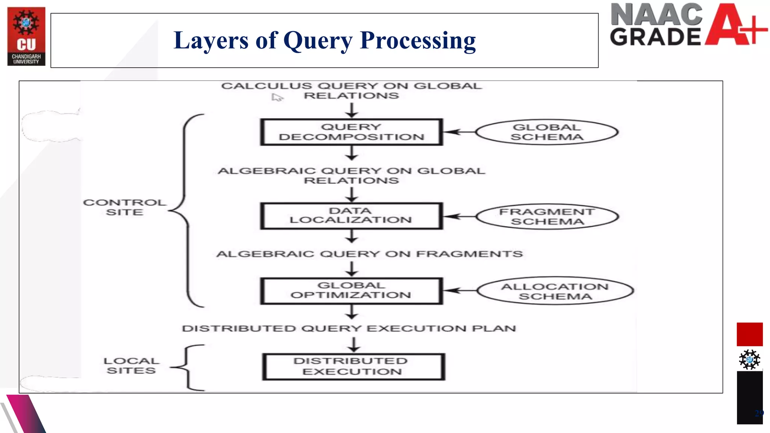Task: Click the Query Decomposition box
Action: [351, 132]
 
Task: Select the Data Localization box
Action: [351, 216]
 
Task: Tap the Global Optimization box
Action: [351, 291]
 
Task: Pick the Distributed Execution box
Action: [353, 366]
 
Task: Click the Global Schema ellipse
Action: [547, 132]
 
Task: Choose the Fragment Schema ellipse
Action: [547, 217]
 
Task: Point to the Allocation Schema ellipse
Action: [555, 291]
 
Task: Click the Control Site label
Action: [124, 207]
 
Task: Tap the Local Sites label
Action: [131, 366]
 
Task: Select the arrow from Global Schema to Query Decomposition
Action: [459, 132]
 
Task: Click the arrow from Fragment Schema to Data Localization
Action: [459, 216]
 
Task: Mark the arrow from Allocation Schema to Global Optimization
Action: [460, 291]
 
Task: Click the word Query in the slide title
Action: [318, 41]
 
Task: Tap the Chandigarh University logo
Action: [26, 36]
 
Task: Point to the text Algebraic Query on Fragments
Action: [369, 254]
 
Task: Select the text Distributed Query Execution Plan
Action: [349, 329]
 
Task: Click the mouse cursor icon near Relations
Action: [277, 98]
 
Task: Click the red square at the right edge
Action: [749, 334]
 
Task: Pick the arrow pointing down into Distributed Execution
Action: [353, 345]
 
